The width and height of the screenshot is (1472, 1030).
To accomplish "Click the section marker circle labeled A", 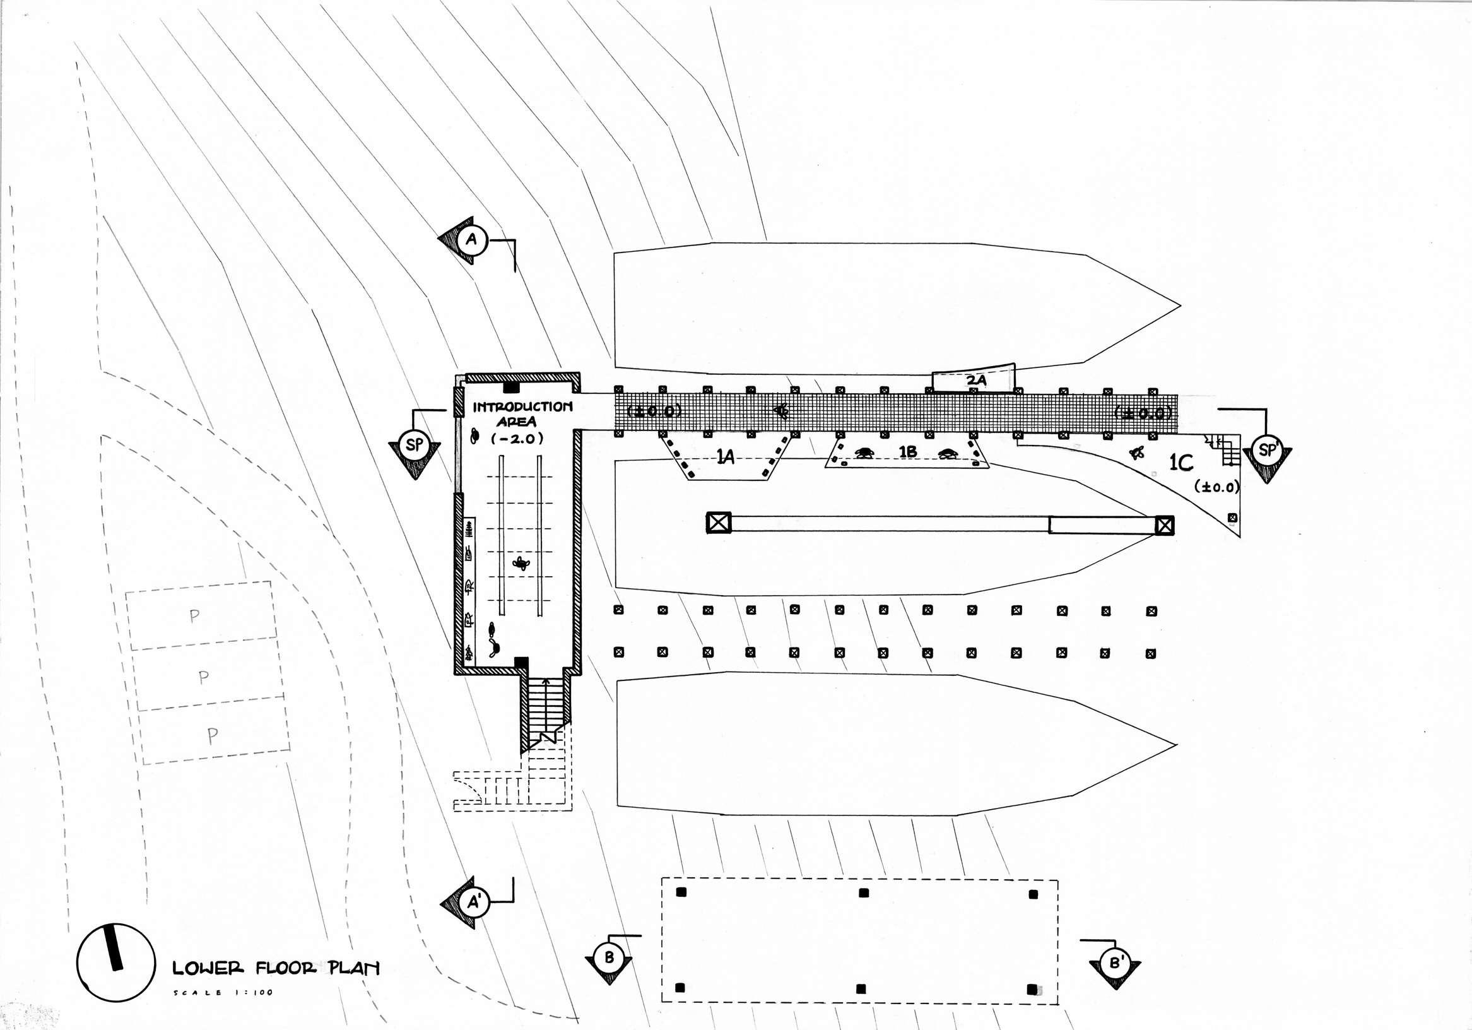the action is [472, 240].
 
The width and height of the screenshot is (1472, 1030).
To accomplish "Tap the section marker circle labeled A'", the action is [474, 903].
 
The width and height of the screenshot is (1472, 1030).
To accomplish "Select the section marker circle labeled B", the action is [608, 958].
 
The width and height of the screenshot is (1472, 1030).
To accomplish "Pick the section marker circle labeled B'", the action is [1116, 963].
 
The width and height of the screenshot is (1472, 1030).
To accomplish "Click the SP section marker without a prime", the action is [415, 444].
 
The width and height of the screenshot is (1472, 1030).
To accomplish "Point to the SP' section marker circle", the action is [1268, 450].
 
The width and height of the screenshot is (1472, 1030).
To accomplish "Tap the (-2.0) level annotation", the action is [517, 439].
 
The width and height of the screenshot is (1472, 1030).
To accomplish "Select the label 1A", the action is [725, 457].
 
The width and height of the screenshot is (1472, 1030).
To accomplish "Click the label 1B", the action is [907, 452].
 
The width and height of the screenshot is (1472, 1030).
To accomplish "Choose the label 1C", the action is [1181, 463].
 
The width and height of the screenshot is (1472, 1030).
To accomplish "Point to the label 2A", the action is [976, 381].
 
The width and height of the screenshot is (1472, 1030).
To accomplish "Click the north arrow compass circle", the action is [116, 962].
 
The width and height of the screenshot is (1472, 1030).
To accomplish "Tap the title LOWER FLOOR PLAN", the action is [276, 968].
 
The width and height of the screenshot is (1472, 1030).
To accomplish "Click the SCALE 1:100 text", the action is [223, 993].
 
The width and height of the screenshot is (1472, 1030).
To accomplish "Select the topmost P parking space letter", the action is [194, 617].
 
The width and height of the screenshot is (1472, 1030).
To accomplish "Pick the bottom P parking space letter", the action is [213, 736].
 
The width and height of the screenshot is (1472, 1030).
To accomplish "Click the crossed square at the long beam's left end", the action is [719, 523].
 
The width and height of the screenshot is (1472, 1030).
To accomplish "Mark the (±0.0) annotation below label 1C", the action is [1217, 487].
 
